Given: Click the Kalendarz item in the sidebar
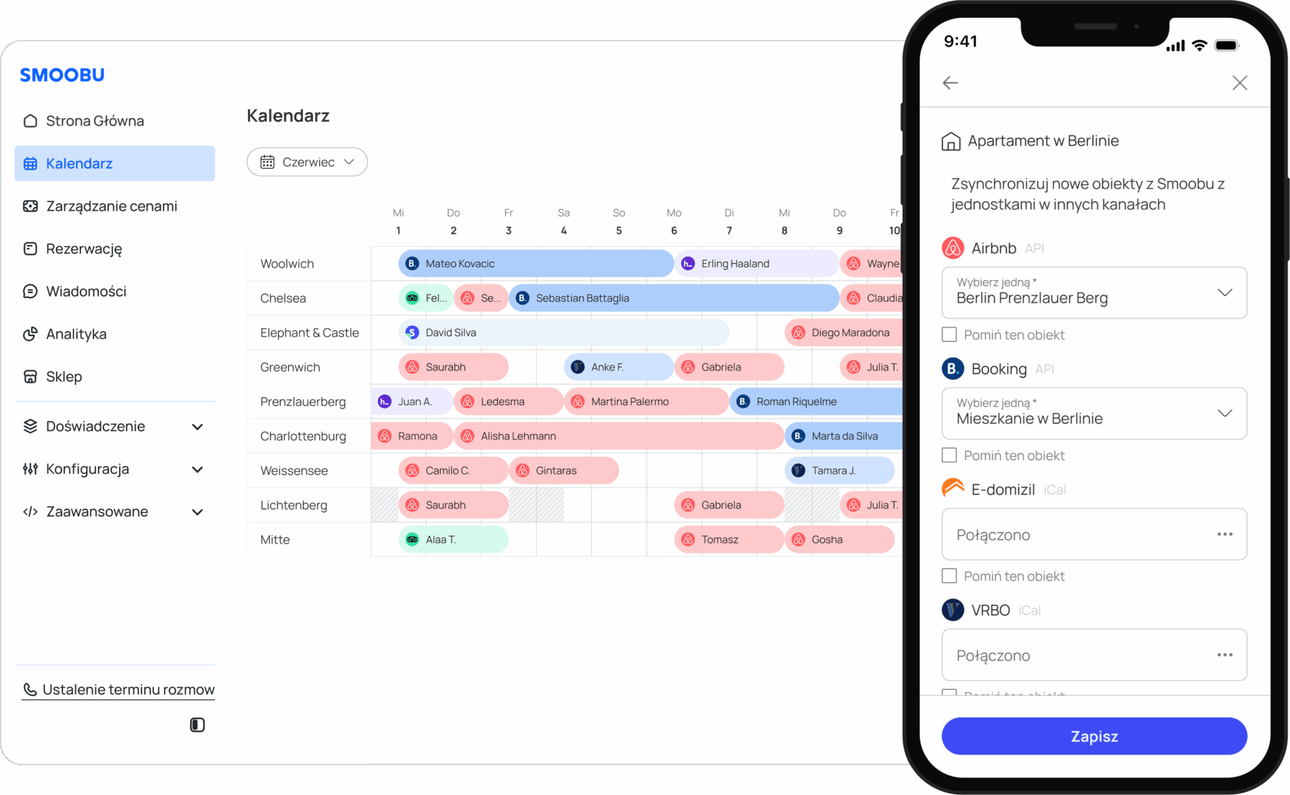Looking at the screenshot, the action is click(114, 163).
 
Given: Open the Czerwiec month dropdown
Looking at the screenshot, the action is click(307, 162).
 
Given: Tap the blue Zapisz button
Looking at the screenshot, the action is click(1094, 736).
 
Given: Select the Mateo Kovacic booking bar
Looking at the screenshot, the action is click(535, 263).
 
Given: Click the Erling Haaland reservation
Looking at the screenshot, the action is click(757, 263).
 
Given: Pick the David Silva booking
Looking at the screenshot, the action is click(564, 333).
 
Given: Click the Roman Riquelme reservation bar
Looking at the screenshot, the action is click(816, 401).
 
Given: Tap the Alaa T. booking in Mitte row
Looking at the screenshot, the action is click(454, 540).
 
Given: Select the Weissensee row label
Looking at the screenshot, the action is click(294, 470).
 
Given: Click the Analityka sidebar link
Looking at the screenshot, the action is click(76, 334).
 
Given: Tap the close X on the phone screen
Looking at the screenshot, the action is click(1240, 83).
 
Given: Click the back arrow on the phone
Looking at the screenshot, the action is click(950, 83).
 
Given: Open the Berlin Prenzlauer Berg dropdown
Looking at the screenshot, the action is click(1094, 293).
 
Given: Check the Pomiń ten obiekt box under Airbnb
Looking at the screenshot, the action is click(949, 335).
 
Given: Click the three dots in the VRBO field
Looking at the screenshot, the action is click(1225, 655).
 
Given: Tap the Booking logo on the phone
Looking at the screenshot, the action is click(953, 368).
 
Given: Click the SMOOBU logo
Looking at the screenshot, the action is click(62, 75).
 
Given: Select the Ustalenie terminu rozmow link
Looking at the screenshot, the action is click(118, 689).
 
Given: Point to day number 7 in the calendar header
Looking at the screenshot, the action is click(729, 231).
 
